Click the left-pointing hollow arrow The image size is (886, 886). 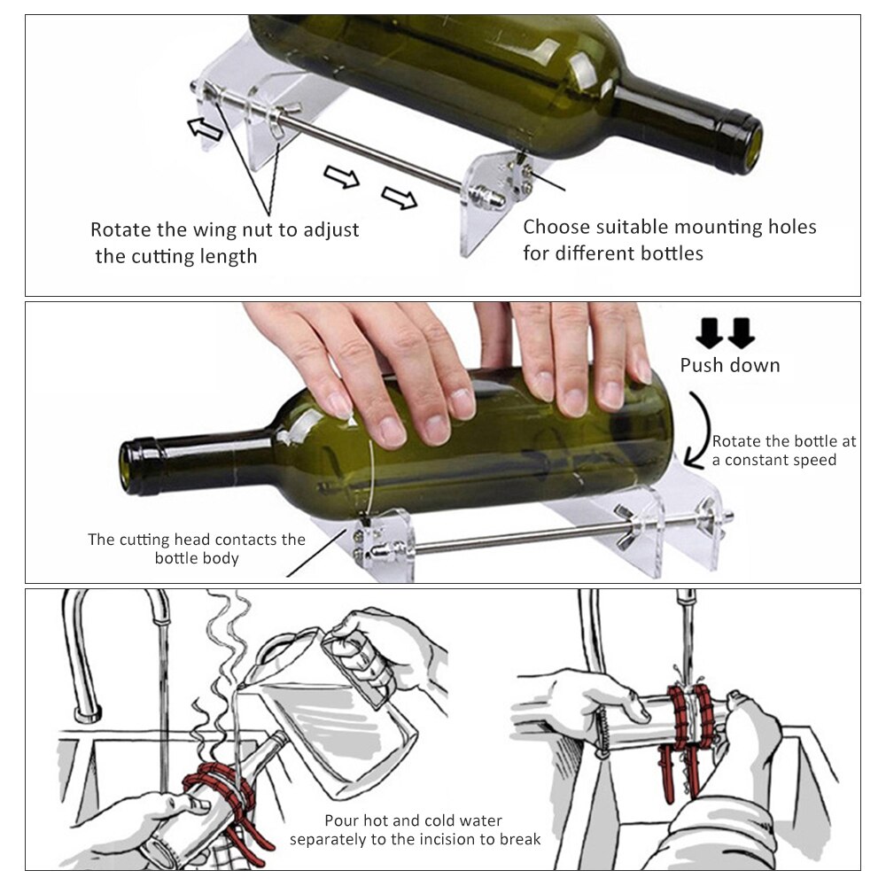pos(206,128)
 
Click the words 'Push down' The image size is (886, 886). pos(729,365)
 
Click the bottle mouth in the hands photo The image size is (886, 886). pos(137,465)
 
